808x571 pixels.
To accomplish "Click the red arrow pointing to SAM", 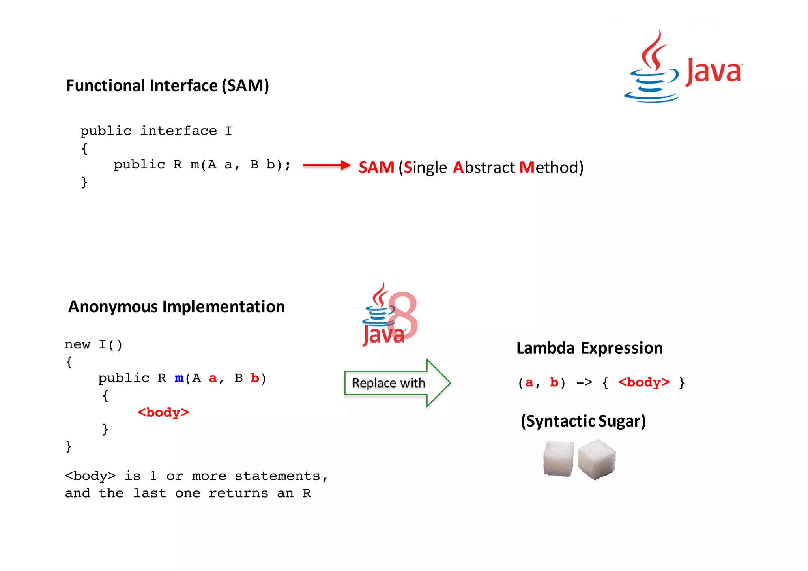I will [x=327, y=165].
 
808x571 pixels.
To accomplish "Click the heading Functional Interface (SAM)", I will [x=167, y=86].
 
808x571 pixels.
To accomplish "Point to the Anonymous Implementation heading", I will [x=176, y=307].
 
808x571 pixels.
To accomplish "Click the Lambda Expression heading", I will [x=589, y=348].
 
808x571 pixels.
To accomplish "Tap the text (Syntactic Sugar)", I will [x=583, y=421].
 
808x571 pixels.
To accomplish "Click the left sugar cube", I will [x=558, y=459].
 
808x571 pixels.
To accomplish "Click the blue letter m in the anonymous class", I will [x=179, y=378].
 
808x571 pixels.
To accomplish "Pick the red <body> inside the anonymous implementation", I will [x=163, y=412].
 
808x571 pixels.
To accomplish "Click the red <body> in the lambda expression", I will [x=643, y=382].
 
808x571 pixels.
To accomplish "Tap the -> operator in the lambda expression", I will [x=584, y=382].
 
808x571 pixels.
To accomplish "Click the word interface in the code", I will [x=179, y=131].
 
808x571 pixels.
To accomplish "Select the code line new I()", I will [x=94, y=344].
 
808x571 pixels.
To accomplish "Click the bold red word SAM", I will [x=376, y=167].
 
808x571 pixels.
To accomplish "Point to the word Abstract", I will [x=484, y=167].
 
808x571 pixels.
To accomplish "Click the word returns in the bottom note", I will [x=238, y=493].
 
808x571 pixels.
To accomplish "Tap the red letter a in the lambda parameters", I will [x=529, y=382].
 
